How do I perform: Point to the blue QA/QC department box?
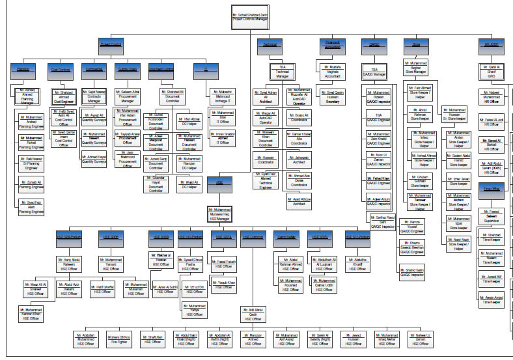374,43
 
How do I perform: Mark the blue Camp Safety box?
287,238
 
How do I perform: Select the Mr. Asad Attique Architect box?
298,202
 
